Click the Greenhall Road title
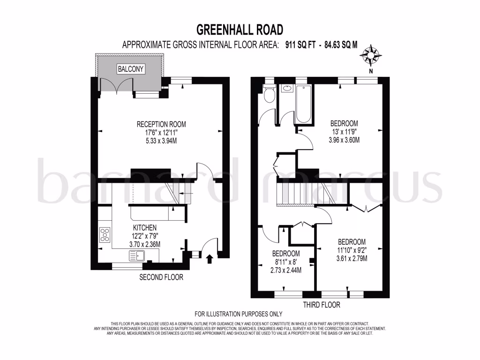pyautogui.click(x=240, y=30)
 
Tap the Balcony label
pyautogui.click(x=131, y=69)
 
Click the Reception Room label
pyautogui.click(x=161, y=124)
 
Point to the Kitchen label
pyautogui.click(x=145, y=228)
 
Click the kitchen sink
pyautogui.click(x=138, y=256)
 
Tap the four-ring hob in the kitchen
pyautogui.click(x=104, y=234)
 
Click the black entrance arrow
pyautogui.click(x=209, y=257)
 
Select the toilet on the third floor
pyautogui.click(x=269, y=94)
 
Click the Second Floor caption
pyautogui.click(x=161, y=277)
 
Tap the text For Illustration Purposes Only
pyautogui.click(x=239, y=314)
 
